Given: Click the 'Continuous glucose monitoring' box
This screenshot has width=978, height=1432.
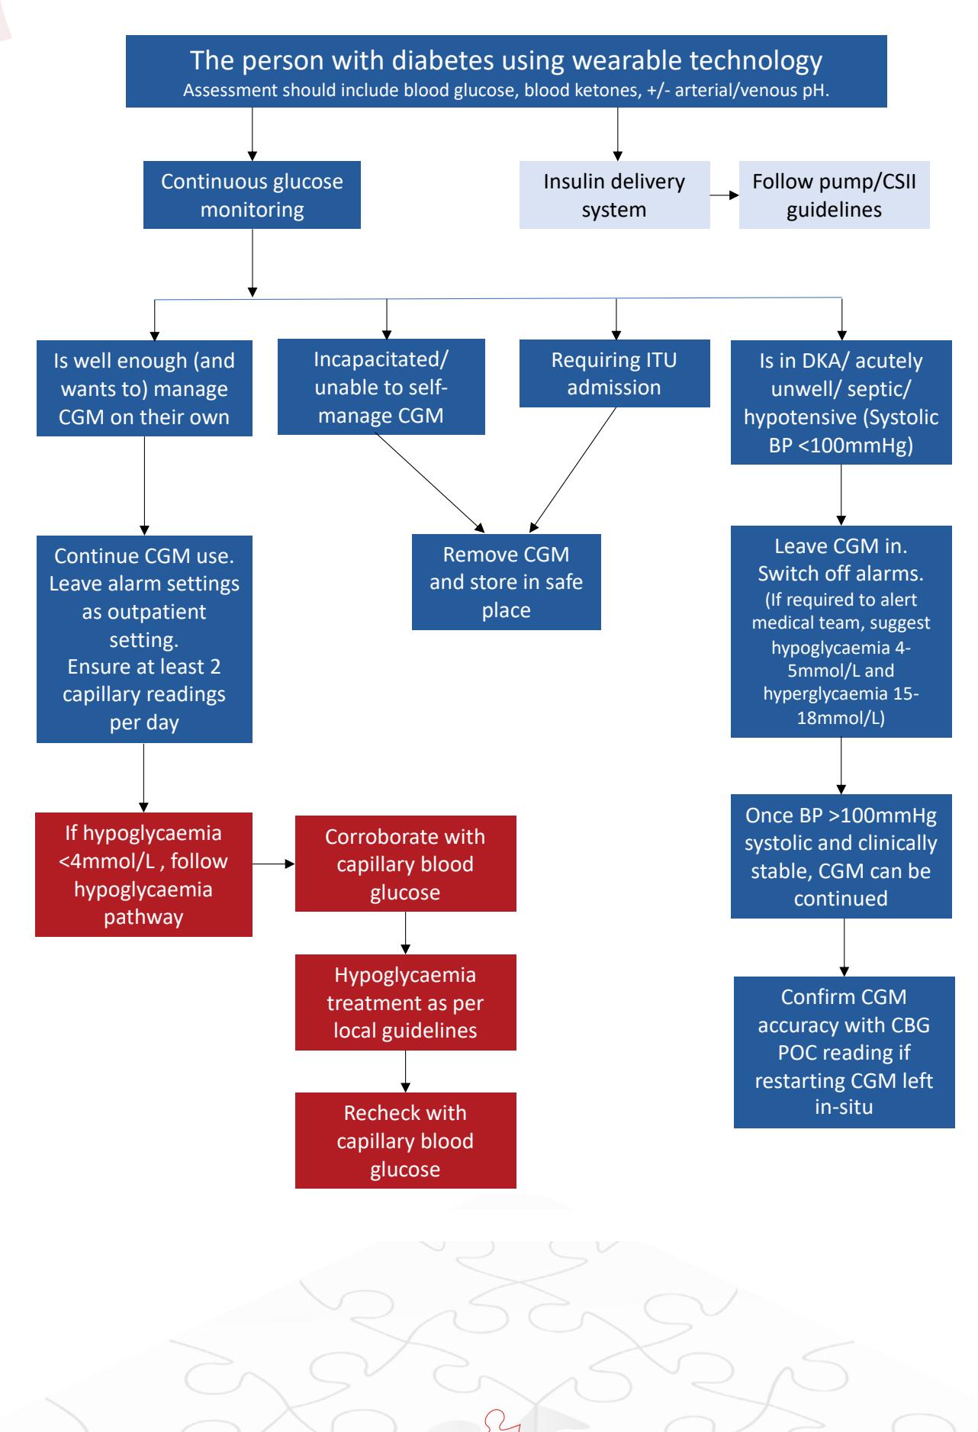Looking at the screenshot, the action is [252, 195].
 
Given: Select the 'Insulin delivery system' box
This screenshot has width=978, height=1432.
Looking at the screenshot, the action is [614, 195].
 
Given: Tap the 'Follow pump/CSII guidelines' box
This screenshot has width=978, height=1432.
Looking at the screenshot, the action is [834, 195].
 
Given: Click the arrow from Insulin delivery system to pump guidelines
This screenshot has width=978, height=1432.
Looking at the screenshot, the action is [725, 195].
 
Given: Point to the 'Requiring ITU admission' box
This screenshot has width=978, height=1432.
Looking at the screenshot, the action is [614, 374].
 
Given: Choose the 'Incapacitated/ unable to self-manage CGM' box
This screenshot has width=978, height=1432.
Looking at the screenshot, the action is [381, 388].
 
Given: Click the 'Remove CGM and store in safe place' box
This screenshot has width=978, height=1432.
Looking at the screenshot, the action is [506, 582].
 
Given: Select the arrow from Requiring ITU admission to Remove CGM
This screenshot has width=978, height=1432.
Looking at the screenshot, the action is [573, 469].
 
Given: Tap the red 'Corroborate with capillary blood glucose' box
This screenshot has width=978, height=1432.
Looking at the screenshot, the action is [405, 864].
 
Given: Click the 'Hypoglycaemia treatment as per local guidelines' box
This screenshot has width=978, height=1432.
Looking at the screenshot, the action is [405, 1002].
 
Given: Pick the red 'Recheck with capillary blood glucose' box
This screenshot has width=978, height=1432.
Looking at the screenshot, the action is [405, 1141].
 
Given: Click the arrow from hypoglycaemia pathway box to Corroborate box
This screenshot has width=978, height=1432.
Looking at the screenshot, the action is [274, 864].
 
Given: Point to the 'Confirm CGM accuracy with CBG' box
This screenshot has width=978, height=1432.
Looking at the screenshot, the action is [844, 1052].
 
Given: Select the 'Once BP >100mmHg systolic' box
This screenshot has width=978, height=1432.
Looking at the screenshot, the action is [841, 856].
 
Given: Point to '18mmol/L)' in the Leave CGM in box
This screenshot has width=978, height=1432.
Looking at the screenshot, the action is [841, 718].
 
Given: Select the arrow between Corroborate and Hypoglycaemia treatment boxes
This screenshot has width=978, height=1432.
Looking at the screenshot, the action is [405, 933].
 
